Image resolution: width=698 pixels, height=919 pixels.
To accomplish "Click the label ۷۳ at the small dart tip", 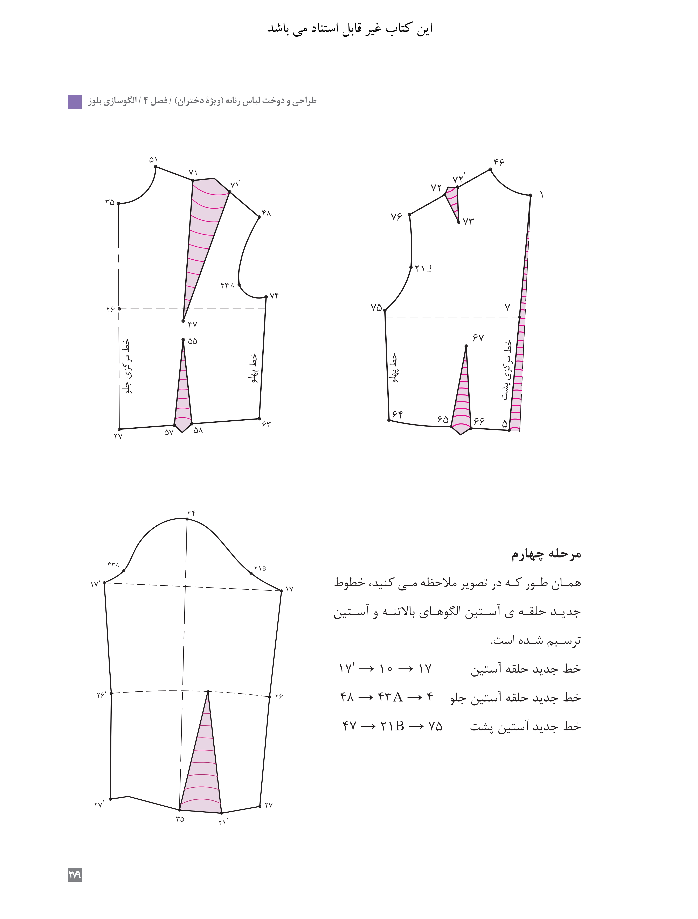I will (x=468, y=222).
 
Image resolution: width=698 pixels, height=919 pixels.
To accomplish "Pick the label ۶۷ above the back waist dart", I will (x=478, y=337).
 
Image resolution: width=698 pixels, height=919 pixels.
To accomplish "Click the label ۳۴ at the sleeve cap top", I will (x=191, y=513).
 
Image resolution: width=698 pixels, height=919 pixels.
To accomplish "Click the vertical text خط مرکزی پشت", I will (x=507, y=370).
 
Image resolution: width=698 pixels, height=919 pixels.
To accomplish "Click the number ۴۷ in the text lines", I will (x=349, y=726).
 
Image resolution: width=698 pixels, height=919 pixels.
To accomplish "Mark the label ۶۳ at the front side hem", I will (x=266, y=424).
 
